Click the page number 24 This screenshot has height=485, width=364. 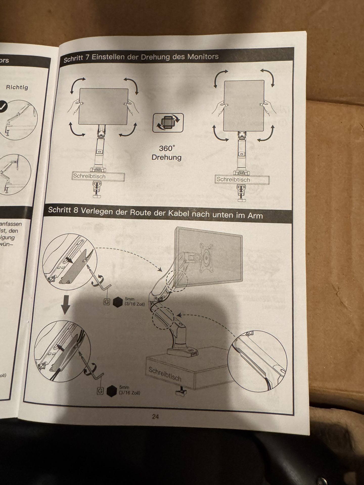tap(155, 417)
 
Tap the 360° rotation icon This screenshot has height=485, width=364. tap(168, 123)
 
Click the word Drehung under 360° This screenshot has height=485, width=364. tap(167, 157)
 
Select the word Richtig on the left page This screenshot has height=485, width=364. tap(17, 87)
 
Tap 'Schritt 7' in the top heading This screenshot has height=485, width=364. tap(76, 59)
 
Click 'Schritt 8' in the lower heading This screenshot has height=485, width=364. tap(63, 210)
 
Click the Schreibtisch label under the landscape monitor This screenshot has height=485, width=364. tap(89, 176)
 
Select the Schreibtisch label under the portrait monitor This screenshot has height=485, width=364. tap(233, 180)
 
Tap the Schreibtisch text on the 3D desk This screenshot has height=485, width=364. tap(165, 374)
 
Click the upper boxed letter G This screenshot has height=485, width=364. tap(107, 302)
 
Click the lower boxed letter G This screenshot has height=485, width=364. tap(100, 391)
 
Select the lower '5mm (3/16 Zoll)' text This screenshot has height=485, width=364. tap(130, 390)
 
